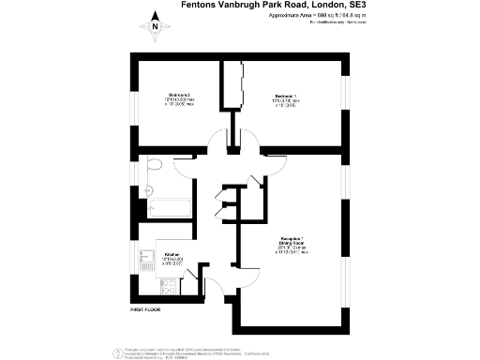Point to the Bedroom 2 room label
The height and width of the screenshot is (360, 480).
[x=180, y=95]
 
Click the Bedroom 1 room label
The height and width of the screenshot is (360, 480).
[x=286, y=95]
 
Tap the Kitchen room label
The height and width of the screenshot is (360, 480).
[x=172, y=253]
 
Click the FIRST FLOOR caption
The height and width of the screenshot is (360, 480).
[x=148, y=308]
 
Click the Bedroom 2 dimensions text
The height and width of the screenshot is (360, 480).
[x=180, y=102]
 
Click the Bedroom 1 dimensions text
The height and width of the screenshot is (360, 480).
[x=286, y=102]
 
